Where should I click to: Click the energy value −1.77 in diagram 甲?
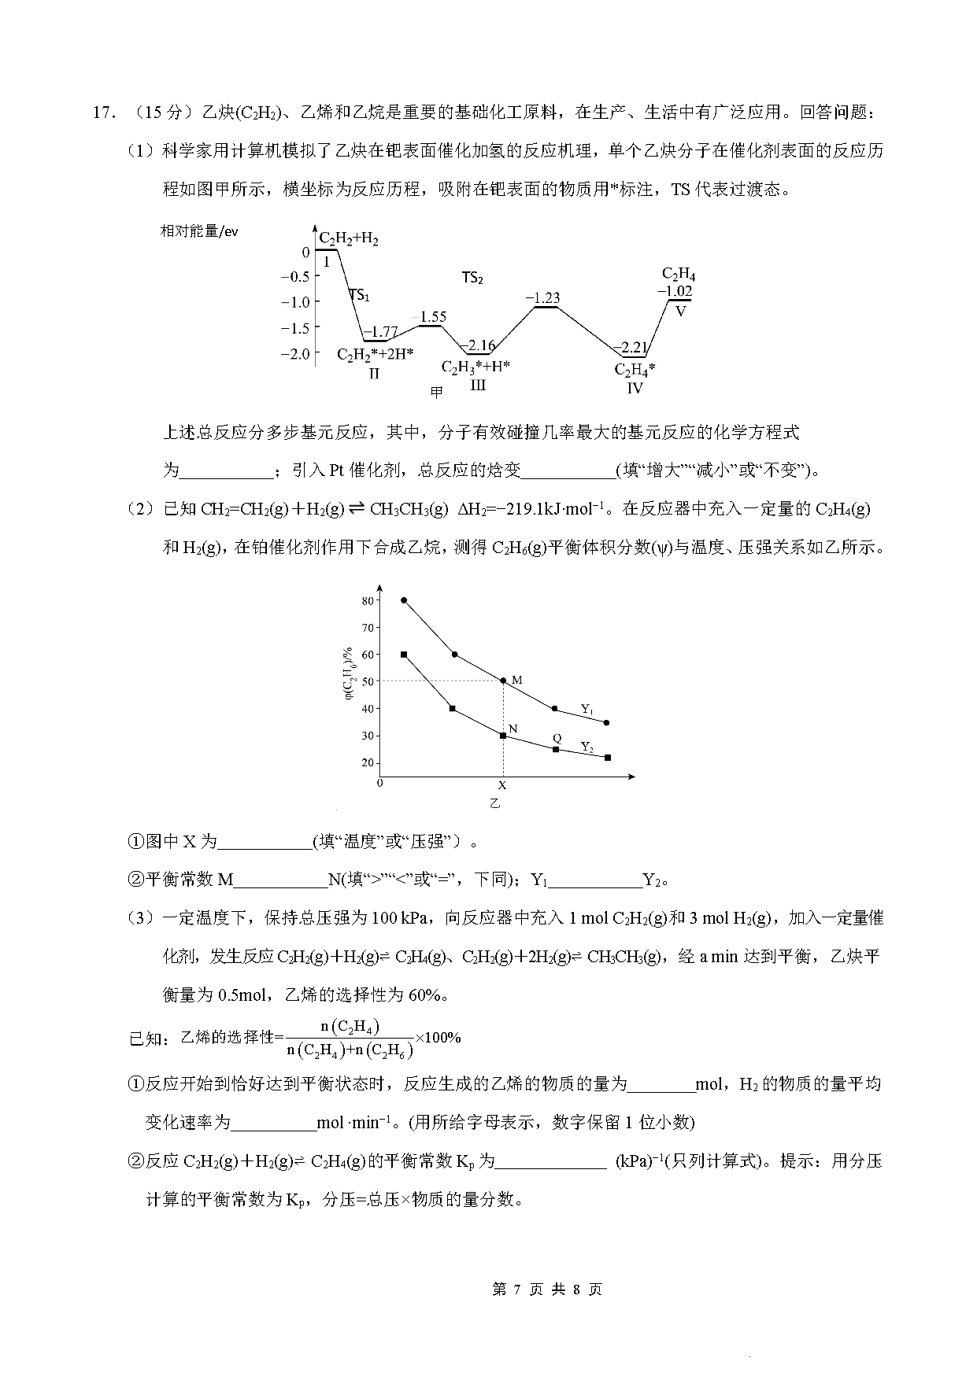(x=382, y=332)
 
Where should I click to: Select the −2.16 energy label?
(x=477, y=345)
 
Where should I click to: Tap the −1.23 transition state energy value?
(x=543, y=298)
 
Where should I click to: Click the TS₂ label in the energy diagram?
(x=472, y=278)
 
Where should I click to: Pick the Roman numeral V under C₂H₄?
(x=681, y=311)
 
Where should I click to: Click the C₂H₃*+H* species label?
(x=476, y=367)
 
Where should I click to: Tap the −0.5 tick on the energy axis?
(x=295, y=277)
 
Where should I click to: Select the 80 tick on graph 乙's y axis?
(x=368, y=600)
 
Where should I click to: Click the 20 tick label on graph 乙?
(x=368, y=762)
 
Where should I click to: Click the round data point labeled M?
(x=504, y=681)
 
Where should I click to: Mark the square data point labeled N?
(x=504, y=736)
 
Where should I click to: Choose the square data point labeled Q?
(x=556, y=749)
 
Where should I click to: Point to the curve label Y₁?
(x=587, y=709)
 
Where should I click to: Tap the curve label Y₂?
(x=587, y=746)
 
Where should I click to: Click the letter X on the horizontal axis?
(x=502, y=785)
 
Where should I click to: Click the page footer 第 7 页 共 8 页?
(x=547, y=1290)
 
